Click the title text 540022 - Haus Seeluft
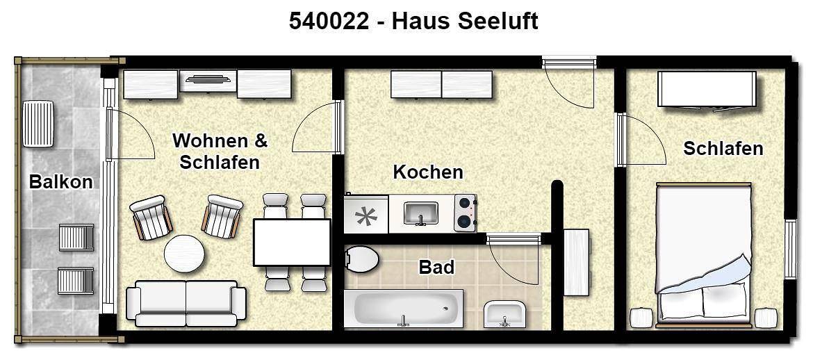pos(413,21)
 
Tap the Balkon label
pos(60,182)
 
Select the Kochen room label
pos(428,172)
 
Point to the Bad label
pos(436,267)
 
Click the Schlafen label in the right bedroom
pos(723,148)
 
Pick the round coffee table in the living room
pos(184,254)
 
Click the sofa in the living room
pos(186,303)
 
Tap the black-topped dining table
pos(291,242)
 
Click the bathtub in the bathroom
pos(403,308)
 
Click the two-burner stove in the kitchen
pos(465,213)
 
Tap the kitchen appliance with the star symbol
pos(366,215)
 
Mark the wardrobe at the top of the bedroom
pos(706,88)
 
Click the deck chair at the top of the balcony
pos(38,124)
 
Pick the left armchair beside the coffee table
pos(151,217)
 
